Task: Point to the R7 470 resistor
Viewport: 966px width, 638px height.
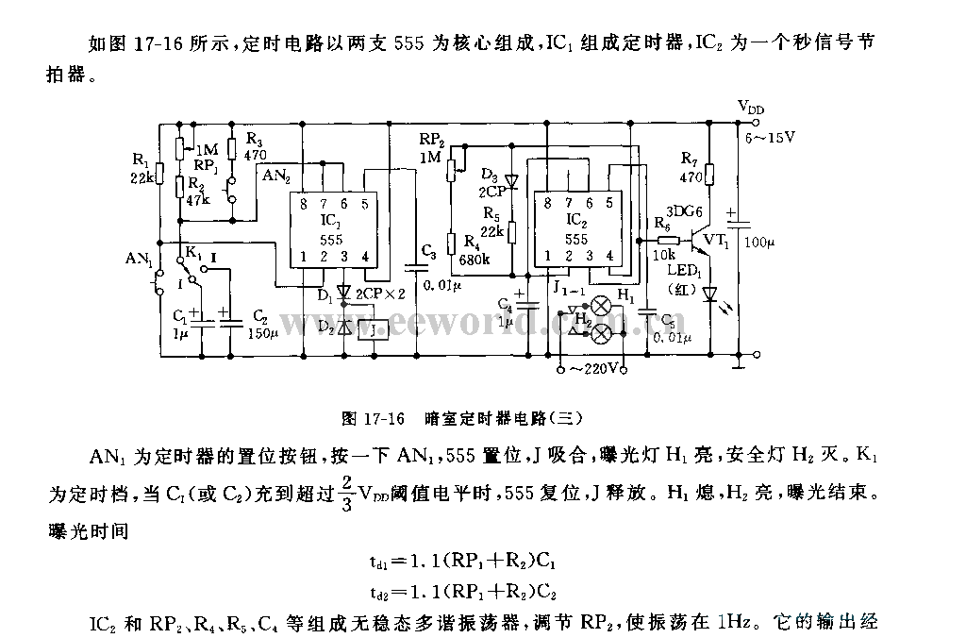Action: pos(710,175)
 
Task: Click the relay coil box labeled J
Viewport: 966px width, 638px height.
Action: pos(376,329)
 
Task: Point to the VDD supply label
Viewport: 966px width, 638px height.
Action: pos(751,107)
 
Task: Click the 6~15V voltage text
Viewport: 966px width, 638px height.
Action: pos(772,137)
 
